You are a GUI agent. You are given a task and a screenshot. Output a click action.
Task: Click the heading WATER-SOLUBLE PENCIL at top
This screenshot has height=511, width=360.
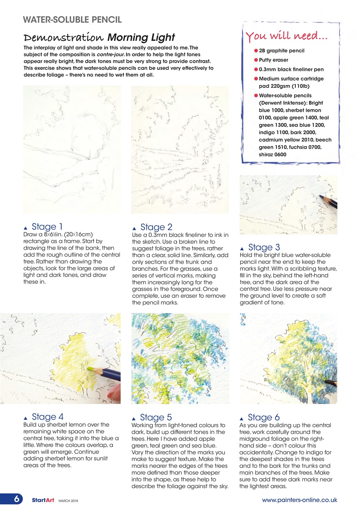click(72, 19)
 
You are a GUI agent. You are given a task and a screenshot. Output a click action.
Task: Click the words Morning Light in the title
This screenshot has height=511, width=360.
click(141, 38)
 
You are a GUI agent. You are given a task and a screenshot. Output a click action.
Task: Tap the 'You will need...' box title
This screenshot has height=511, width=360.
click(287, 37)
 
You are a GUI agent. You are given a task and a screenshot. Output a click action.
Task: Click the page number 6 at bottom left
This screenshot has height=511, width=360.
click(13, 499)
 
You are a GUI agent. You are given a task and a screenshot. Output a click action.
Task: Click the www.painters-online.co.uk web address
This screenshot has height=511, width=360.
click(299, 499)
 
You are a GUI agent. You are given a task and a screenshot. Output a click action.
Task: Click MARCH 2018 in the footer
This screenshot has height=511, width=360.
click(69, 500)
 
